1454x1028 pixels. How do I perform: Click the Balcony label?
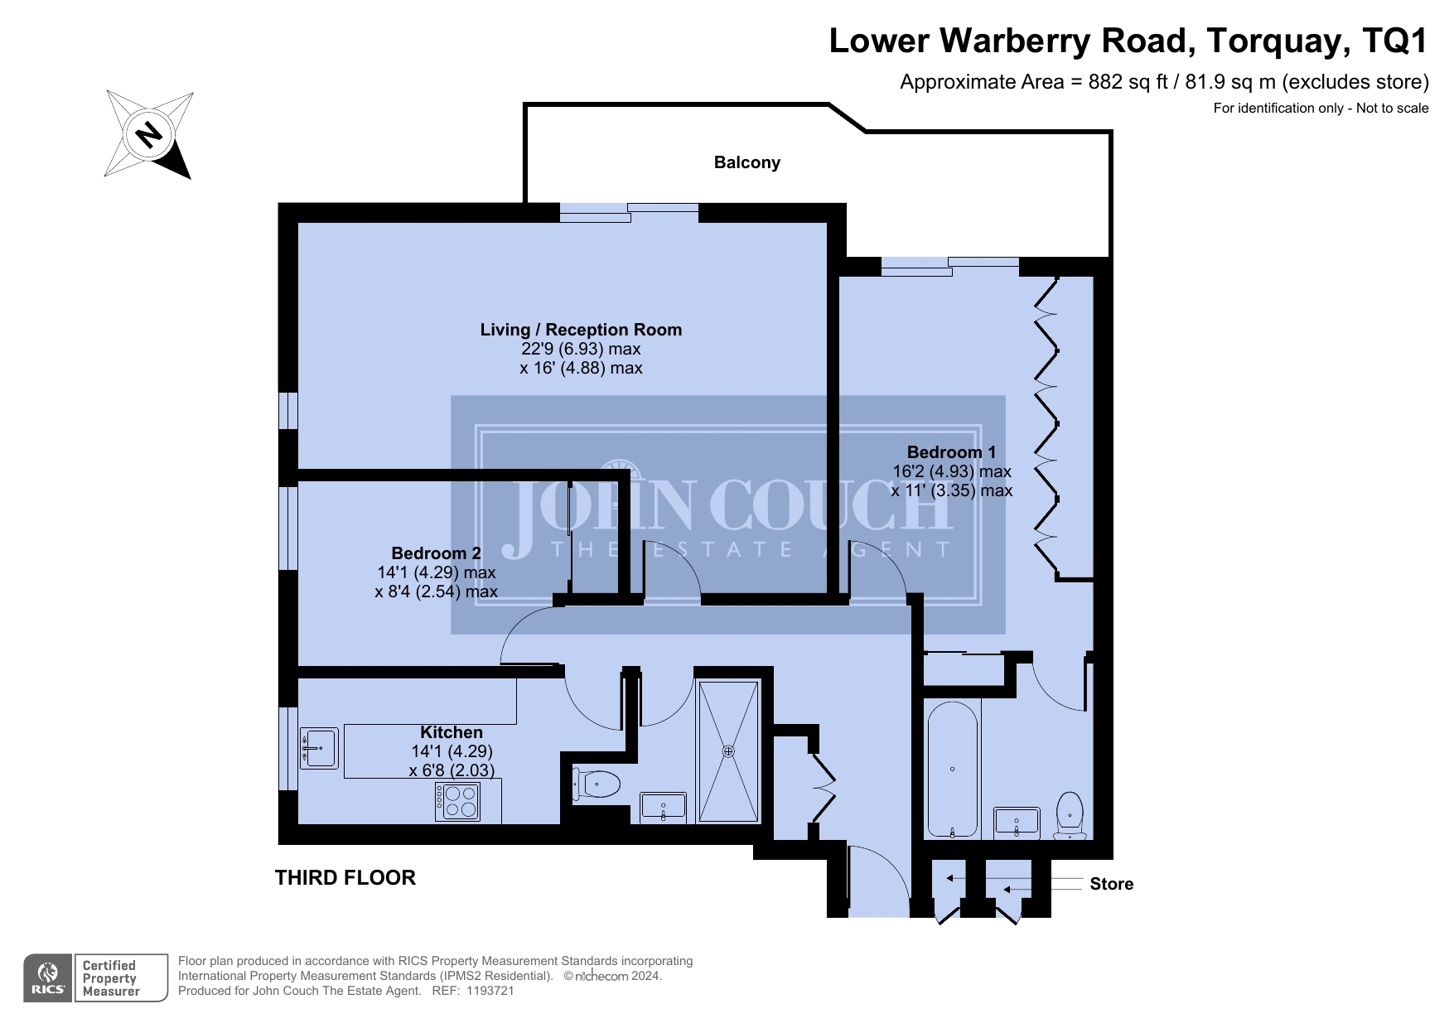tap(746, 162)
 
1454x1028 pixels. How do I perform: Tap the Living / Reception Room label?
tap(581, 330)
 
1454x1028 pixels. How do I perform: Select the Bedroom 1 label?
tap(951, 452)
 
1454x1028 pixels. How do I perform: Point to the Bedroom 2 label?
tap(436, 553)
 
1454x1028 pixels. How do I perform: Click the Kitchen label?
tap(452, 732)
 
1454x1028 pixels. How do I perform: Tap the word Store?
tap(1111, 884)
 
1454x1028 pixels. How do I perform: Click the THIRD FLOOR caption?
tap(345, 878)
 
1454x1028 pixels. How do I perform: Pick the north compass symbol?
tap(149, 134)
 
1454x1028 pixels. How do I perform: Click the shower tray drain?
tap(728, 751)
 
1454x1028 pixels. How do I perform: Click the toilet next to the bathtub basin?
tap(1070, 815)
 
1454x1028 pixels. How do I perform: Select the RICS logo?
tap(48, 978)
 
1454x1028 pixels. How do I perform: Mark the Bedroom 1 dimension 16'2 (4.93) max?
tap(952, 471)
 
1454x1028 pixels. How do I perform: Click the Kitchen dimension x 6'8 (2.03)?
tap(452, 770)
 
